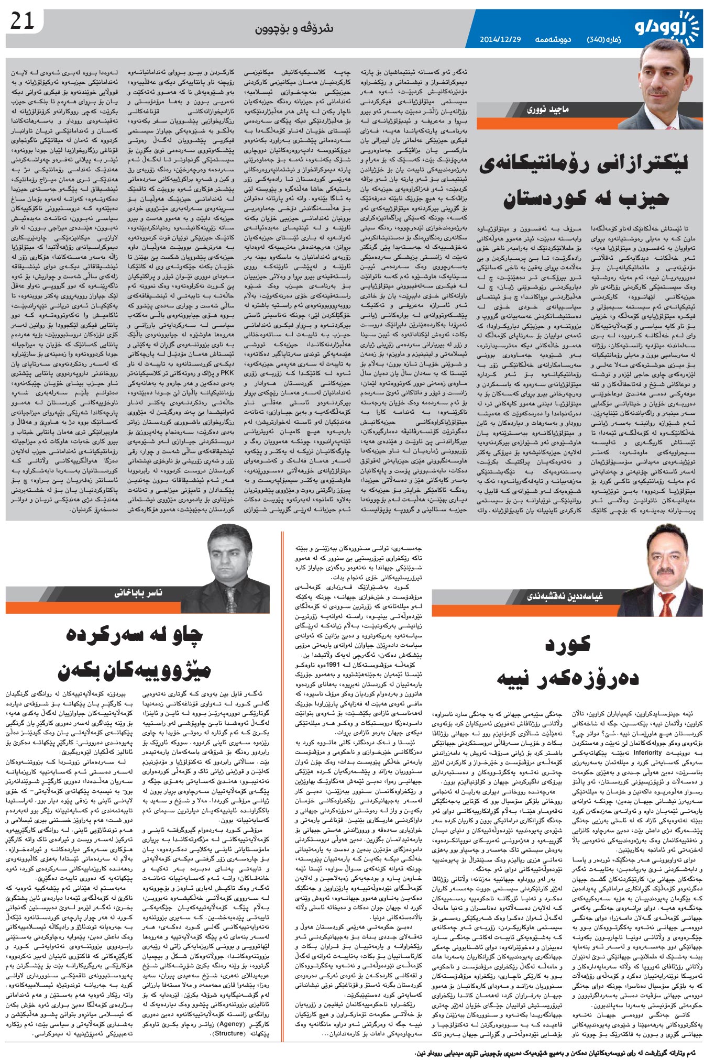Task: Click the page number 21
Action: click(23, 22)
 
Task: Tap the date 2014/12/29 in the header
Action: click(501, 40)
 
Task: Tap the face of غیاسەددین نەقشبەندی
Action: click(664, 557)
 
